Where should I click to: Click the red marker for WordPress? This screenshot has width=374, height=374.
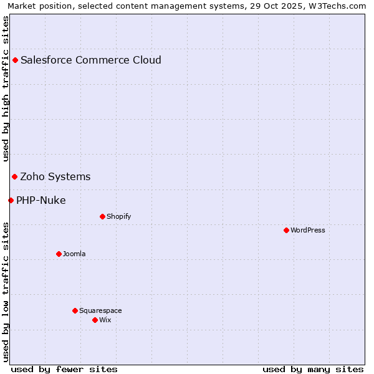(x=286, y=230)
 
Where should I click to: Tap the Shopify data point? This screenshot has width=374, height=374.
(x=102, y=216)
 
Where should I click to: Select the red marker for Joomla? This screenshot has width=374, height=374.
(x=59, y=254)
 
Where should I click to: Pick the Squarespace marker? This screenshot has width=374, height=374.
(x=75, y=310)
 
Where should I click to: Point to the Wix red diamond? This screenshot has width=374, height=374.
(x=95, y=320)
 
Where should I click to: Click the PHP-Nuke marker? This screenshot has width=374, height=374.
(x=11, y=200)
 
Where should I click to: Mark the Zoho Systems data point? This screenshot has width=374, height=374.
(x=14, y=176)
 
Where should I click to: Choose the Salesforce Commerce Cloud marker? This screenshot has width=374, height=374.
(x=15, y=60)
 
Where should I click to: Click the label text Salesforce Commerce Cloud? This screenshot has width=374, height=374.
(x=91, y=60)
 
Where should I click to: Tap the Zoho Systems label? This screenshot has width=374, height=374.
(x=55, y=176)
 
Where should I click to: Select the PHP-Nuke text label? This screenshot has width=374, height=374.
(x=41, y=200)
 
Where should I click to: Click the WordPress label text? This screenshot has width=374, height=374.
(x=308, y=230)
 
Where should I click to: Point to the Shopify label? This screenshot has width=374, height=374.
(x=118, y=216)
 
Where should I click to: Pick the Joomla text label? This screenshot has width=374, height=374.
(x=74, y=254)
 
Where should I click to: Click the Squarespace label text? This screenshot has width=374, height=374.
(x=100, y=310)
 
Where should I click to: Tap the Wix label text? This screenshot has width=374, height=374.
(x=105, y=320)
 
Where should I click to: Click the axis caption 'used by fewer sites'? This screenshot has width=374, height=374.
(x=64, y=369)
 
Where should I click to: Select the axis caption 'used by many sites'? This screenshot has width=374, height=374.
(x=313, y=369)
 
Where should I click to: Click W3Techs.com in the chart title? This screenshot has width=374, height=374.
(x=341, y=6)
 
